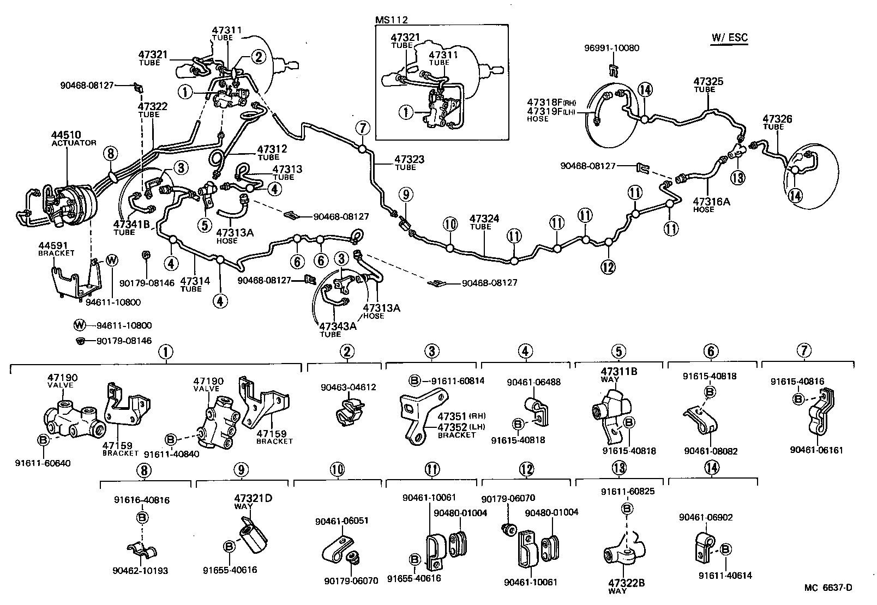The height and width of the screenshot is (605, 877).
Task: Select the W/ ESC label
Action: pyautogui.click(x=729, y=38)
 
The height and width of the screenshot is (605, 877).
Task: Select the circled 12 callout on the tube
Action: pyautogui.click(x=608, y=267)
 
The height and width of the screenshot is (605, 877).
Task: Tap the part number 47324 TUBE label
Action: pyautogui.click(x=484, y=219)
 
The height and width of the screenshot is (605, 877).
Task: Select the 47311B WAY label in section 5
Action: pyautogui.click(x=618, y=372)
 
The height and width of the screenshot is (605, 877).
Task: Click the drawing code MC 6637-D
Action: pyautogui.click(x=827, y=587)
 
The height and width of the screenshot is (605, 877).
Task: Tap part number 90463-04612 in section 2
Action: pyautogui.click(x=348, y=388)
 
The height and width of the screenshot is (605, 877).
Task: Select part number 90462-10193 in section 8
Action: pyautogui.click(x=141, y=571)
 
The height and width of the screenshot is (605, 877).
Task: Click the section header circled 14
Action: pyautogui.click(x=711, y=467)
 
